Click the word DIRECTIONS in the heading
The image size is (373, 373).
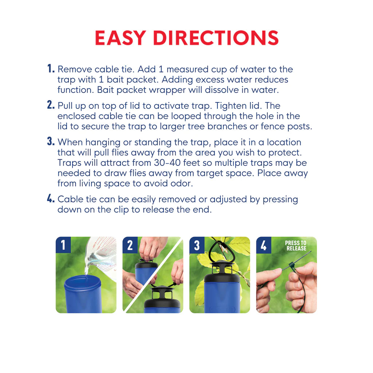click(215, 38)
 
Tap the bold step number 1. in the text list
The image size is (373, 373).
click(51, 68)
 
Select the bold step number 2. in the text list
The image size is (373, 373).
click(51, 105)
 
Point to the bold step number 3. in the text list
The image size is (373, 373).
click(51, 142)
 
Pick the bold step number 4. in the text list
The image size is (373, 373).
click(51, 199)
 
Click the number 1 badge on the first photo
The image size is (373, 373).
click(63, 245)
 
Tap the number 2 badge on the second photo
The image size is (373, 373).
click(130, 245)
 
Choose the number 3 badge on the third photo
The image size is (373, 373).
click(197, 245)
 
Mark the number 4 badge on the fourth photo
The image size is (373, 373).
click(264, 245)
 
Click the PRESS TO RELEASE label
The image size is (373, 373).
click(295, 246)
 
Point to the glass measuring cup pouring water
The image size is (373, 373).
click(102, 255)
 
